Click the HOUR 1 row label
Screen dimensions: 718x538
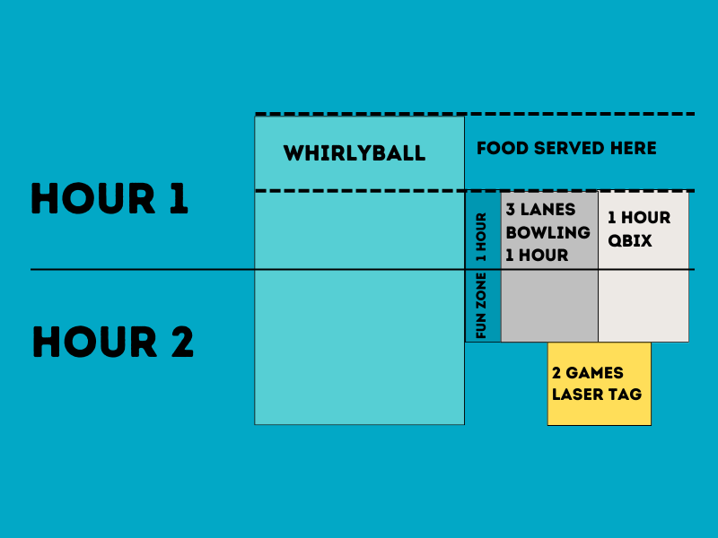click(109, 199)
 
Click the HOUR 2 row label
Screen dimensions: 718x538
click(113, 342)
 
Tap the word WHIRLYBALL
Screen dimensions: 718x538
click(355, 153)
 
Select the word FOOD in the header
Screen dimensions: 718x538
click(500, 148)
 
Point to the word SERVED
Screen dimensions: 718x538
click(572, 148)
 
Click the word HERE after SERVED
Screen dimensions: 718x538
click(635, 148)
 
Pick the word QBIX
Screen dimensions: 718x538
click(629, 241)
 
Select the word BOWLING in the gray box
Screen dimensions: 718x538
click(547, 232)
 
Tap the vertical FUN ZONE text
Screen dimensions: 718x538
click(482, 306)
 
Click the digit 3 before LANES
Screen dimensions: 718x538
click(511, 210)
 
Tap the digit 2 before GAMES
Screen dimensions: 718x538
click(557, 373)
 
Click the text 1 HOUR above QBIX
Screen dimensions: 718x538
click(639, 218)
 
